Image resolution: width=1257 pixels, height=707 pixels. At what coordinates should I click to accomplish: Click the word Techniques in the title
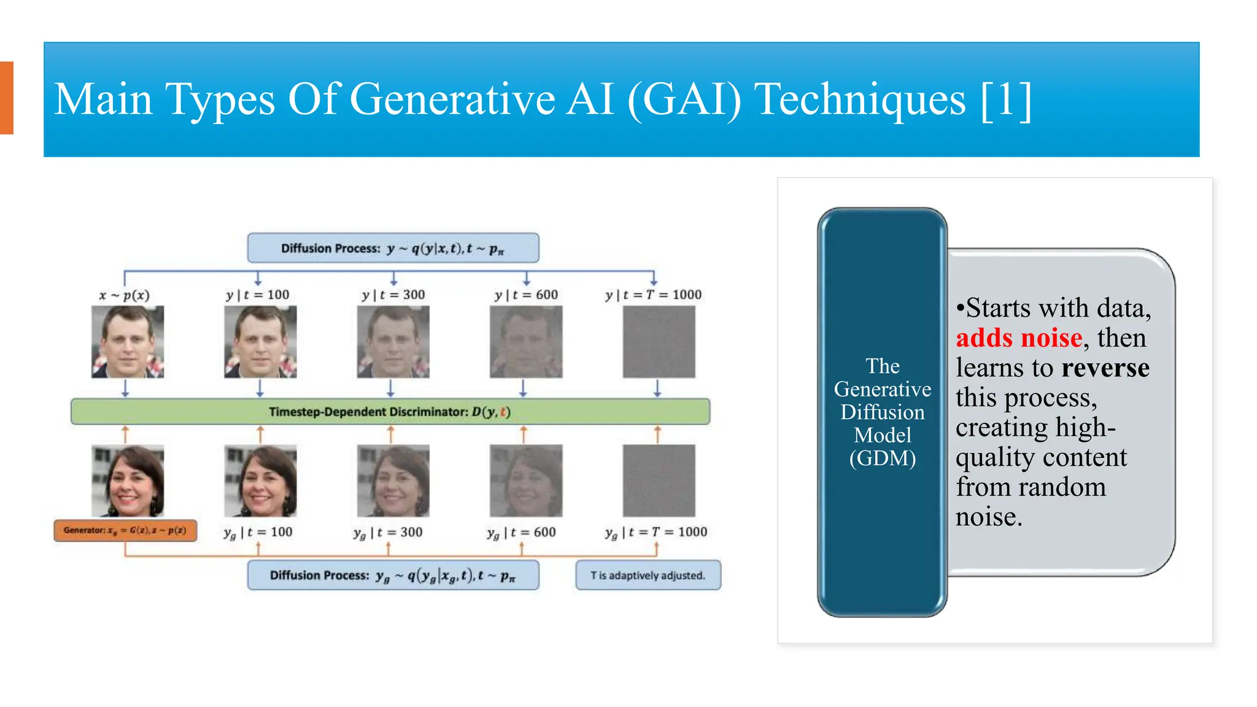(860, 99)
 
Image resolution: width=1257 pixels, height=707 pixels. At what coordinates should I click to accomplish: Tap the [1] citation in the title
(1006, 99)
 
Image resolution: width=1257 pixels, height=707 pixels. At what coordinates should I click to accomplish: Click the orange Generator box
(125, 530)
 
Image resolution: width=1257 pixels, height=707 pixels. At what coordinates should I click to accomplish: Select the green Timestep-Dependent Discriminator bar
(390, 412)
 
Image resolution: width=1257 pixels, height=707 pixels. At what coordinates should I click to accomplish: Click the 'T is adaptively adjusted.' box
(648, 575)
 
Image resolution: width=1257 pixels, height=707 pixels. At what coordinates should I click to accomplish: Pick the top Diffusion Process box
(393, 248)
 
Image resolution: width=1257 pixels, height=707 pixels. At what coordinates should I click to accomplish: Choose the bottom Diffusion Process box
(393, 575)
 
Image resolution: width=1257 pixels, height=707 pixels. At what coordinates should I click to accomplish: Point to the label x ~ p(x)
(125, 295)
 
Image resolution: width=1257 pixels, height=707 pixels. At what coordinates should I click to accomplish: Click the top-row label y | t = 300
(393, 295)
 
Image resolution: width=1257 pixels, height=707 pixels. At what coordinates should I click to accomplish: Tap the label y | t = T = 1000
(653, 295)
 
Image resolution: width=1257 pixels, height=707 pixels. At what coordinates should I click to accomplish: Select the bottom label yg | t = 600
(522, 532)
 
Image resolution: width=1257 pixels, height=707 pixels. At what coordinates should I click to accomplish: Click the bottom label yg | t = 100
(258, 532)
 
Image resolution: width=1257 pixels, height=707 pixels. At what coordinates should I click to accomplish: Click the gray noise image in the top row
(659, 342)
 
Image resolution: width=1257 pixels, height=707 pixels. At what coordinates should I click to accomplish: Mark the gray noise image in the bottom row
(659, 481)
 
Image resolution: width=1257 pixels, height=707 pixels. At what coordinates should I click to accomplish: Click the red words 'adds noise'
(1019, 338)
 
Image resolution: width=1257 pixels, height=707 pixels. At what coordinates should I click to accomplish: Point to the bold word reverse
(1105, 368)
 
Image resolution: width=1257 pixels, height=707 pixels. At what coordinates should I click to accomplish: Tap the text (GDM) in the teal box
(882, 458)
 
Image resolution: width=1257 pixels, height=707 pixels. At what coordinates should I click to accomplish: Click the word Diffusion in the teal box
(882, 412)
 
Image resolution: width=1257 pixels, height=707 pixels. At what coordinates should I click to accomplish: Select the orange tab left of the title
(6, 98)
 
